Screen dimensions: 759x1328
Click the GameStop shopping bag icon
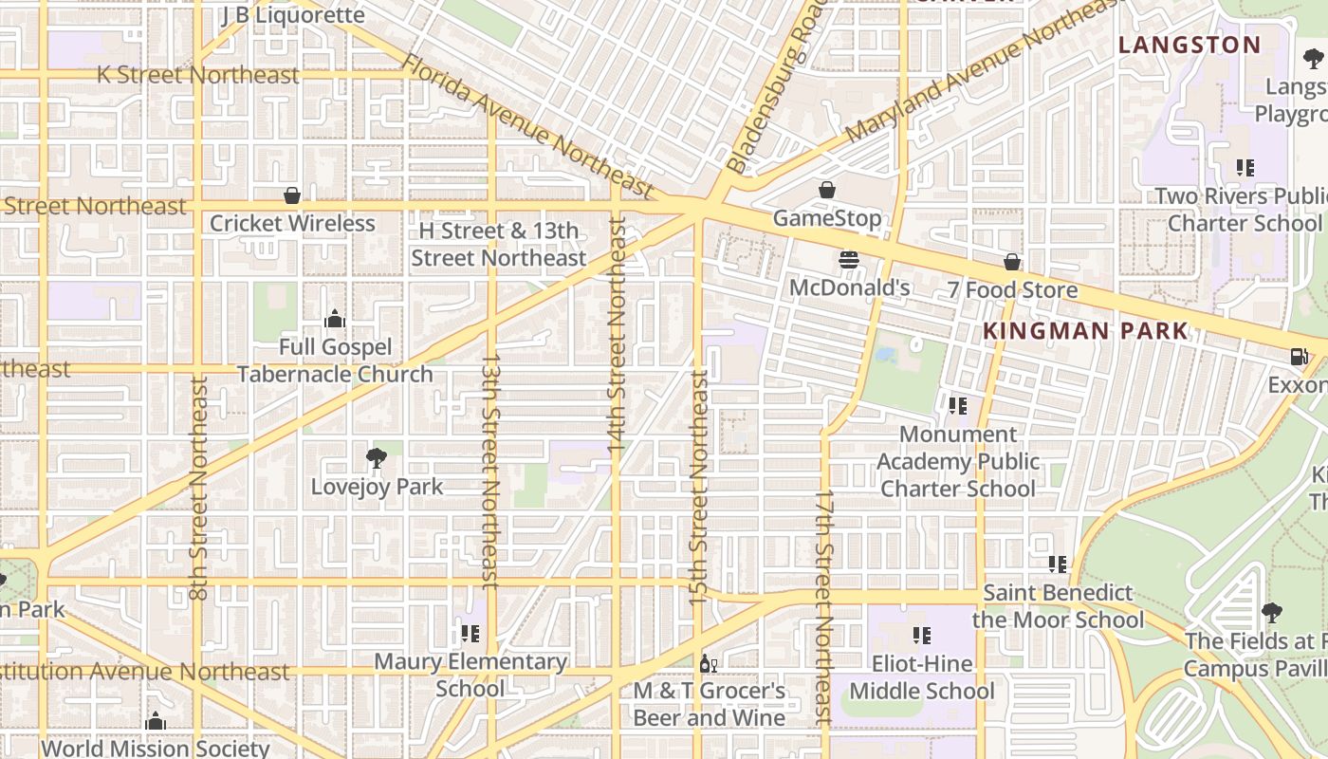827,190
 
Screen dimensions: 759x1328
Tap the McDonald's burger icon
849,260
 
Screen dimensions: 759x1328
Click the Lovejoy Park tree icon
377,458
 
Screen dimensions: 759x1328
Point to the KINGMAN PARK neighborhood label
1085,331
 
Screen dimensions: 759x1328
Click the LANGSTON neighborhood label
1190,45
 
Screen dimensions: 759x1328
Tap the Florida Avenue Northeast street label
527,126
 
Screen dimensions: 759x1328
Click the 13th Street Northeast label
489,470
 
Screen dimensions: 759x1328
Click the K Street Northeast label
197,75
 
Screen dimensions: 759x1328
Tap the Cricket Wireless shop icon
292,195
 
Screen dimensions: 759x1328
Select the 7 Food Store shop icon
1012,262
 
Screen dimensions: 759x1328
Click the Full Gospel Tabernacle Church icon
334,319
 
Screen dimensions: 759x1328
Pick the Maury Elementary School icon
470,633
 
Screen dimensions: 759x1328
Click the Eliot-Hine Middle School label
921,677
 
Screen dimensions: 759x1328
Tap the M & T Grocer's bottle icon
705,663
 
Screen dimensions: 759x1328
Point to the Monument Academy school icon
958,406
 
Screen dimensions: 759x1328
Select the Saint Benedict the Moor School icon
1058,565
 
